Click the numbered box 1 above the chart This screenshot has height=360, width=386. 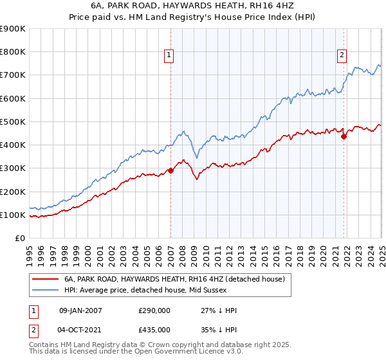[168, 56]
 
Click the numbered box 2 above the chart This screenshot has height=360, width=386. [342, 56]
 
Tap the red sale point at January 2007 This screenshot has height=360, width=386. [171, 170]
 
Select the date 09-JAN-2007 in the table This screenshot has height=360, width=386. [80, 310]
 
